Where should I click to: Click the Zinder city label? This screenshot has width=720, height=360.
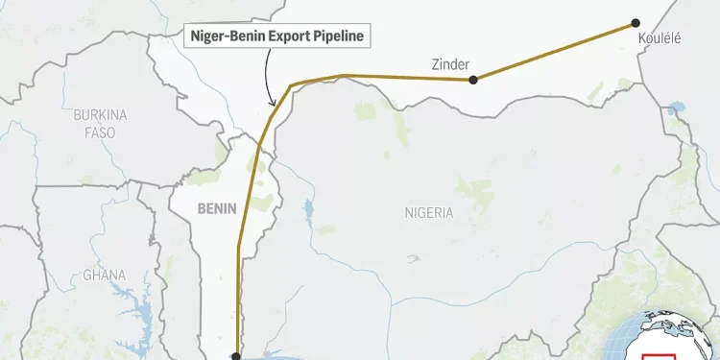(450, 64)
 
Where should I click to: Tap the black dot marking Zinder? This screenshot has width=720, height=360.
(473, 81)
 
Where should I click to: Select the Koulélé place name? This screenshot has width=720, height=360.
(659, 38)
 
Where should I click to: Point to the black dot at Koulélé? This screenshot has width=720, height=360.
(635, 22)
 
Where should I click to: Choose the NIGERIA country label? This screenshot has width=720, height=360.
(428, 212)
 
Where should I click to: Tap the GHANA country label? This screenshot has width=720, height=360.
(104, 275)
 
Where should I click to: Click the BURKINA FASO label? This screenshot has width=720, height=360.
(99, 122)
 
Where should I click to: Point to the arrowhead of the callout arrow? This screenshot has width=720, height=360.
(273, 103)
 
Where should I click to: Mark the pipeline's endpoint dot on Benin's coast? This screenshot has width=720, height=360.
(236, 355)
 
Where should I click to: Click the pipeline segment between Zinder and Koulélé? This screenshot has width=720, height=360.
(554, 51)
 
